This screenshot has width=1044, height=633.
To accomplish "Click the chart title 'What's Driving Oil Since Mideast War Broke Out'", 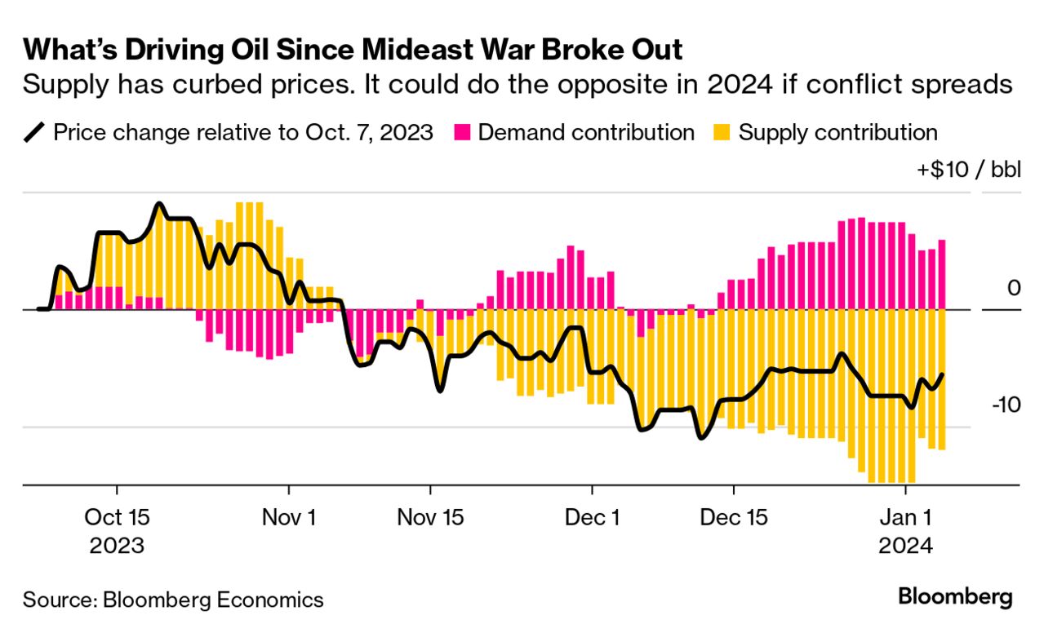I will click(x=353, y=50).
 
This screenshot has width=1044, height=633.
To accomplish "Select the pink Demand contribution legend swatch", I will click(x=462, y=133).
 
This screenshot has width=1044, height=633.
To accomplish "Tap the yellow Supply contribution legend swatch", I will click(x=722, y=133).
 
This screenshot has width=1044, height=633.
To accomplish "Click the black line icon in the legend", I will click(x=35, y=133).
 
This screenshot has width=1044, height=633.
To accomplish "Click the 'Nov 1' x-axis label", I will click(x=288, y=517).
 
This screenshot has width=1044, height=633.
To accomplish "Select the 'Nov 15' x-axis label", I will click(x=430, y=517).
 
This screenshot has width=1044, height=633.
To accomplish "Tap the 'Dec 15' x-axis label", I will click(x=734, y=517).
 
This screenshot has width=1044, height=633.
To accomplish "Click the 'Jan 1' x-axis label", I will click(x=905, y=517).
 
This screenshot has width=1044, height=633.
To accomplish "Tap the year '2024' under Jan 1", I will click(x=905, y=545).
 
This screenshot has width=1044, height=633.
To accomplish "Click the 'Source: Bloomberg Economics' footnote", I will click(x=173, y=600).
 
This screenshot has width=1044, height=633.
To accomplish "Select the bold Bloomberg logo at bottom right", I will click(x=955, y=596).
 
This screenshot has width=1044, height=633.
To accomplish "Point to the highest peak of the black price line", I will click(x=159, y=204).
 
